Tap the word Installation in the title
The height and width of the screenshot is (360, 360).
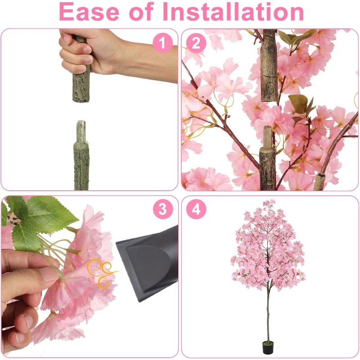(x=233, y=12)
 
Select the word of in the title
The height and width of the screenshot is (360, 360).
(x=141, y=12)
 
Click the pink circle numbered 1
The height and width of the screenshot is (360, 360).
(x=163, y=43)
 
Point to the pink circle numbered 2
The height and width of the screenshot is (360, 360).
(x=196, y=43)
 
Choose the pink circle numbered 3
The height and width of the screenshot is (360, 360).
(x=163, y=209)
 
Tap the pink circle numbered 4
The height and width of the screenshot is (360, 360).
(x=196, y=209)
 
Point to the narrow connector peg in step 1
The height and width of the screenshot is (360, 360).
(x=81, y=131)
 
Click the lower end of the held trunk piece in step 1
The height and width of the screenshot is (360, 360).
(x=81, y=100)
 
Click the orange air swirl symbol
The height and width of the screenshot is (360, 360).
(x=101, y=273)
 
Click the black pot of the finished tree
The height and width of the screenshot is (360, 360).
(x=268, y=347)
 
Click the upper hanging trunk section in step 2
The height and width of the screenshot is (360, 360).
(x=269, y=65)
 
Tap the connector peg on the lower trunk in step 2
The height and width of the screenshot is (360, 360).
(x=267, y=137)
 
